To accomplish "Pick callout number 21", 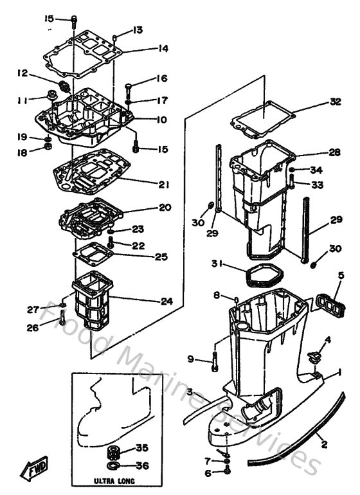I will [164, 184].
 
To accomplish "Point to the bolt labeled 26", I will [62, 316].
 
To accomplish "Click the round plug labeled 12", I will [64, 85].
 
